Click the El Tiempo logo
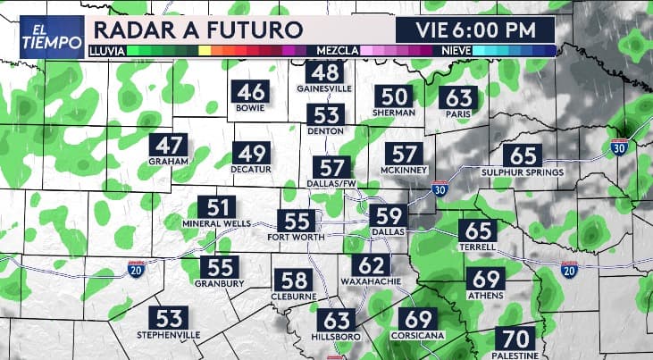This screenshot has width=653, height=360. pyautogui.click(x=44, y=37)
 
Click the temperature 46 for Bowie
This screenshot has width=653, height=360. pyautogui.click(x=251, y=92)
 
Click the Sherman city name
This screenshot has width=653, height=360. pyautogui.click(x=395, y=113)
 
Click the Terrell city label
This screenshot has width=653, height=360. pyautogui.click(x=478, y=247)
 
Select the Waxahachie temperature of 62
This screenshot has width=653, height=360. pyautogui.click(x=370, y=264)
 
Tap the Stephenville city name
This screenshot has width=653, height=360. pyautogui.click(x=169, y=334)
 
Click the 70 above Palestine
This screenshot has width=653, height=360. pyautogui.click(x=514, y=339)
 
